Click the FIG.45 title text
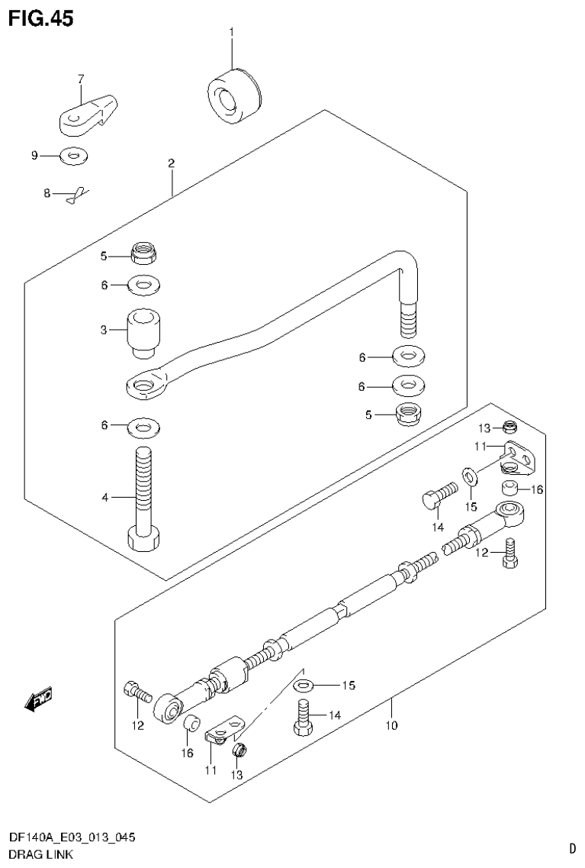tap(41, 18)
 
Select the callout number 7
tap(81, 79)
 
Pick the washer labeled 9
tap(74, 156)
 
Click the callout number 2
tap(172, 163)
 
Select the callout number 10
tap(391, 725)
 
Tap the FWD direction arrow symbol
tap(38, 698)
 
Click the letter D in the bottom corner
tap(571, 848)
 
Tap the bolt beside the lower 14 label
tap(304, 718)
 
